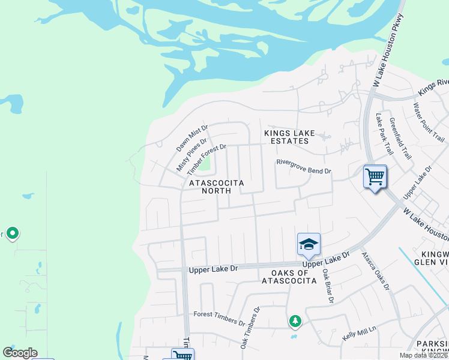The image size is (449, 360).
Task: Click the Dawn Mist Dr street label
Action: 191,138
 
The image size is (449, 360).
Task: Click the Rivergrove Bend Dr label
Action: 303,171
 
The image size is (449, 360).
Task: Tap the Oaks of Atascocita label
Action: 285,277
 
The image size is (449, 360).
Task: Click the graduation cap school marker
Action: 309,244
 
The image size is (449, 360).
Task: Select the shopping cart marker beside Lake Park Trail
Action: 375,177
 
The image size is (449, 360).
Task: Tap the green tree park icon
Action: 295,322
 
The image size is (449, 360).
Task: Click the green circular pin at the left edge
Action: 12,233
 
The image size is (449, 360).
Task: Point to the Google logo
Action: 20,353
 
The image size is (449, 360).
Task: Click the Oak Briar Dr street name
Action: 327,286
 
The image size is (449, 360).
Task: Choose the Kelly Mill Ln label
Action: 358,332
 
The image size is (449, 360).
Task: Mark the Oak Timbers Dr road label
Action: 250,329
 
